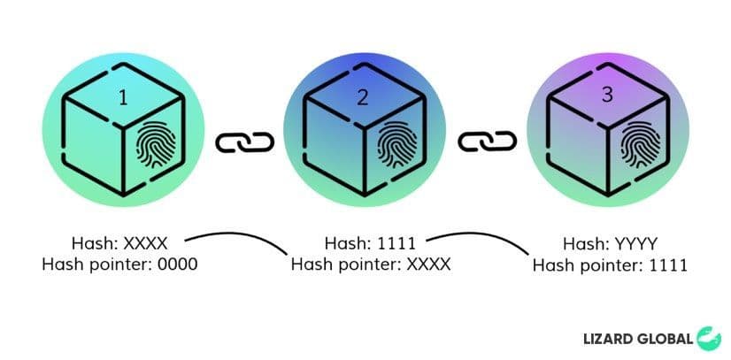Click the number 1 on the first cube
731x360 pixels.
coord(123,98)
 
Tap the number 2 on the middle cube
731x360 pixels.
coord(362,97)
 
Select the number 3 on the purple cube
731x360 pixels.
coord(607,95)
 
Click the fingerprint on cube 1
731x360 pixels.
coord(156,144)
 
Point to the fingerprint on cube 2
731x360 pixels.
coord(396,144)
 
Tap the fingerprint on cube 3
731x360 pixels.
coord(641,144)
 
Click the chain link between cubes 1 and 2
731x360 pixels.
coord(245,142)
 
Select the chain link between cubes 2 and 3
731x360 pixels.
coord(487,142)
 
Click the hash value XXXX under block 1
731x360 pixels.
coord(145,243)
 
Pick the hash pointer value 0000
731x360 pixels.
coord(178,264)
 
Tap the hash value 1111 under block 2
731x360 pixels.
coord(396,243)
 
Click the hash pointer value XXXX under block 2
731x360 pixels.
coord(428,264)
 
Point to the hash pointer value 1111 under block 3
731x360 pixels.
coord(669,265)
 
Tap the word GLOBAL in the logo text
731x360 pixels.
coord(663,339)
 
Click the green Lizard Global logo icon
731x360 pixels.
coord(709,339)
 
